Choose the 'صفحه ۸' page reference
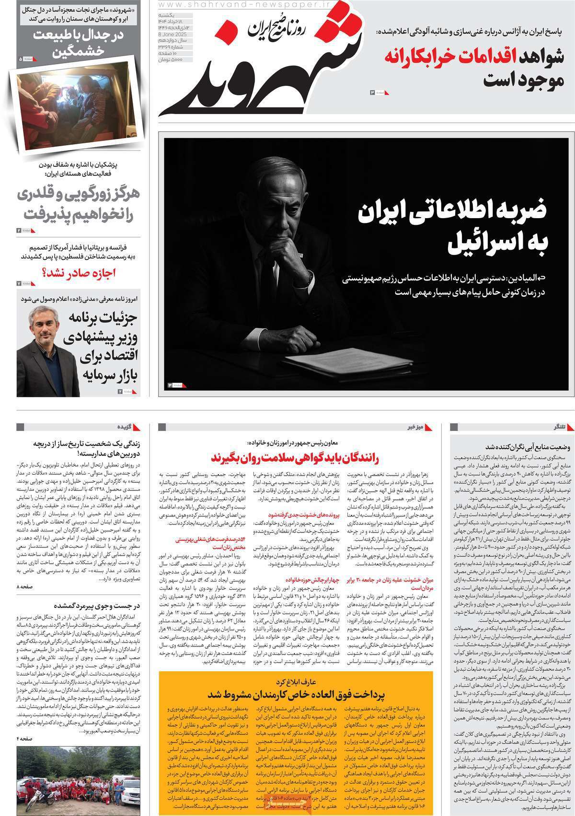coord(26,600)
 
